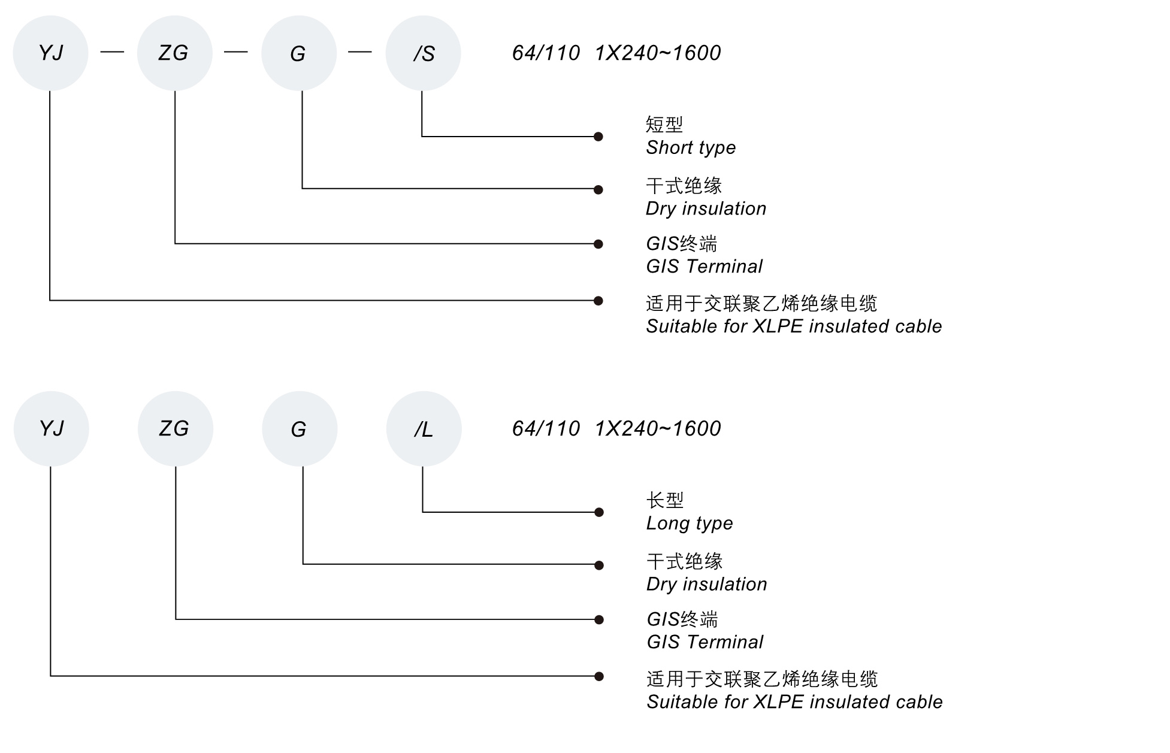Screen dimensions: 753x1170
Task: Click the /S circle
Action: pos(423,53)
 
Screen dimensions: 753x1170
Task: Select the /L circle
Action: pos(424,429)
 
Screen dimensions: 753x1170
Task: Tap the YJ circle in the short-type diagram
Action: pos(50,53)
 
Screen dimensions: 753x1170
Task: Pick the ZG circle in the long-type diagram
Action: pos(175,429)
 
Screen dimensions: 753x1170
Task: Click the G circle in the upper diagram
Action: pos(298,53)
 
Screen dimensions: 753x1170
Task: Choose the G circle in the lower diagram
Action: pos(299,429)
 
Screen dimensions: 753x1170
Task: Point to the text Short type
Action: pos(690,147)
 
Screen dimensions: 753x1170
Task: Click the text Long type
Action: pos(689,523)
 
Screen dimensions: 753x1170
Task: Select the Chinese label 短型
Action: pos(664,125)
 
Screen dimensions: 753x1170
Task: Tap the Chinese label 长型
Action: pos(664,500)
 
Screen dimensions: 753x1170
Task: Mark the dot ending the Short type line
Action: pos(598,137)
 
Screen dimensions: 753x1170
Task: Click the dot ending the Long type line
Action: pos(598,512)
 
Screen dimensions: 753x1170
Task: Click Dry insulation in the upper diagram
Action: pos(706,208)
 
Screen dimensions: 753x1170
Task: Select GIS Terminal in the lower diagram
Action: pos(705,642)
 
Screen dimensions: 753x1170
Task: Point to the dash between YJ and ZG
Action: pos(112,52)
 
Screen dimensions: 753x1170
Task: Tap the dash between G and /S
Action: pos(359,52)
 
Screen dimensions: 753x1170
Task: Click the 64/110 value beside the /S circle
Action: pos(546,53)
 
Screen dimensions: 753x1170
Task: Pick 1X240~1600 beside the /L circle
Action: pos(658,429)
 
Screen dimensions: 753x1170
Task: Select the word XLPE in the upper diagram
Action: pos(778,326)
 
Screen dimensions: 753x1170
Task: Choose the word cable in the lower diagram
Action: pos(920,702)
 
